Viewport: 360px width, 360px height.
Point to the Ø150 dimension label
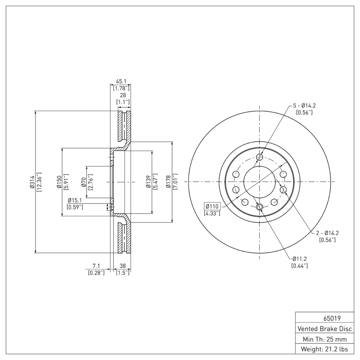point(59,182)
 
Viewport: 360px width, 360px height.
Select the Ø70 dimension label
point(84,182)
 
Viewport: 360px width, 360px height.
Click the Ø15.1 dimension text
point(74,200)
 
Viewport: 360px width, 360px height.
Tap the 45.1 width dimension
point(121,81)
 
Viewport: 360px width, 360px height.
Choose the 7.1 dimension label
point(95,266)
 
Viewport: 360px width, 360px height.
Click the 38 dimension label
point(122,266)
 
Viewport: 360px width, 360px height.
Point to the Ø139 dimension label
point(148,182)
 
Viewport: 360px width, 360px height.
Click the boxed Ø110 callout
point(211,206)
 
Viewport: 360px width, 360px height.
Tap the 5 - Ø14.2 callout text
point(304,105)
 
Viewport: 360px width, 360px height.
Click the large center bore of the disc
point(260,182)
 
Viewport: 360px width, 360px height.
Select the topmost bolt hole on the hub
point(260,157)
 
